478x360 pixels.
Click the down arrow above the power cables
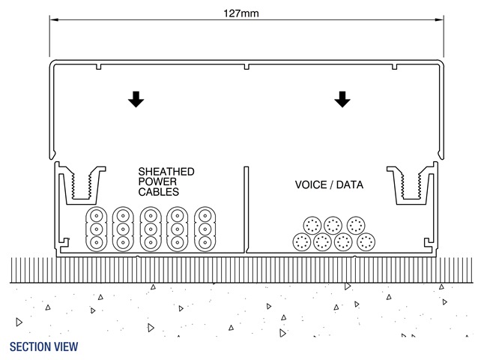(135, 99)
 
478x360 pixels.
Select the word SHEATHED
(166, 172)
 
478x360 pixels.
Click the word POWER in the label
(156, 182)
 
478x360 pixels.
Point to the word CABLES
(158, 193)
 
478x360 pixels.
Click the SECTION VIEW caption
(43, 347)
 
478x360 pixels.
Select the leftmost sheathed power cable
(96, 229)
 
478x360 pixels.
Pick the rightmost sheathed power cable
(205, 229)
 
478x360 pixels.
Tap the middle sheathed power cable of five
(150, 229)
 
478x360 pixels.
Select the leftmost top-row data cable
(313, 226)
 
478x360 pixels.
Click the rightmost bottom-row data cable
(366, 242)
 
